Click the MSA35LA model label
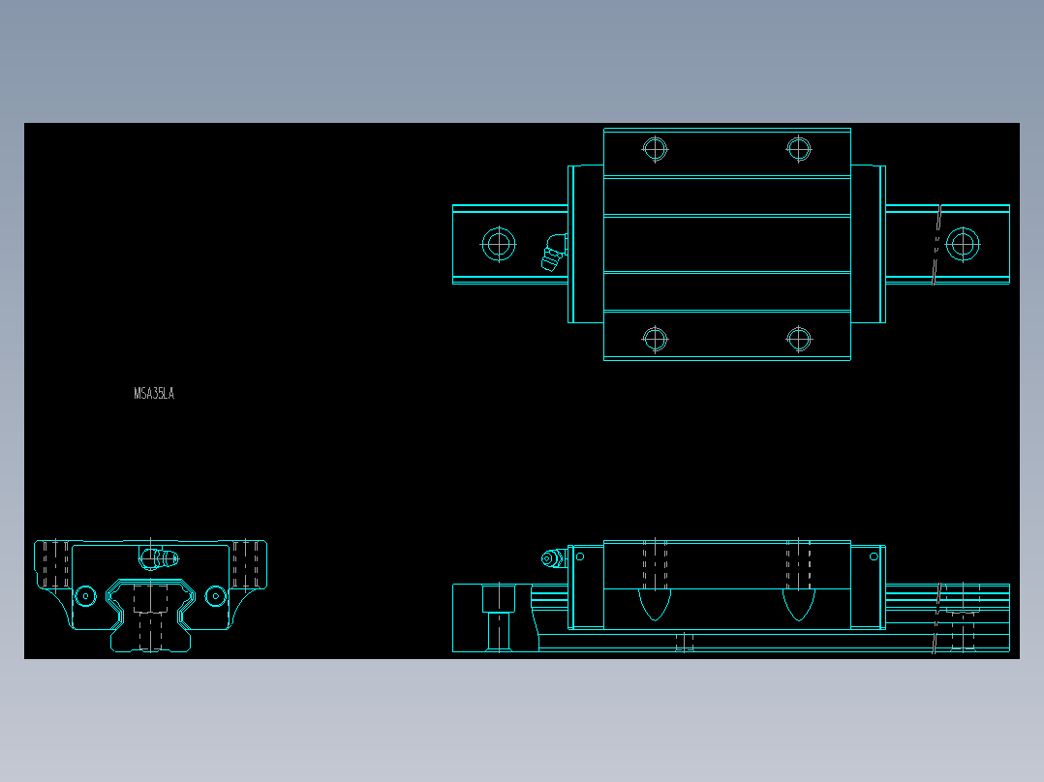[154, 394]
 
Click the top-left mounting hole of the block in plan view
[656, 149]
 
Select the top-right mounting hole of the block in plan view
[798, 149]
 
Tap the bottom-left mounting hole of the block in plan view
[656, 339]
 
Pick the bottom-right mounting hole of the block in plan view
[798, 339]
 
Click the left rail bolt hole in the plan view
[499, 243]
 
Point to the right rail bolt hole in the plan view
[963, 243]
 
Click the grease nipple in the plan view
[553, 253]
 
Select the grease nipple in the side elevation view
[553, 558]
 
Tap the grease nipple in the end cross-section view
[159, 557]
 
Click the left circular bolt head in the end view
[85, 595]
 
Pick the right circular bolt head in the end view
[214, 595]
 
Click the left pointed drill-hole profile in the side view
[655, 604]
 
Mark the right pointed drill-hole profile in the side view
[798, 604]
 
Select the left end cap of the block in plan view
[585, 244]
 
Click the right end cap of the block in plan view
[868, 244]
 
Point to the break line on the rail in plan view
[937, 244]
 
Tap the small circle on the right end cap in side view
[874, 556]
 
